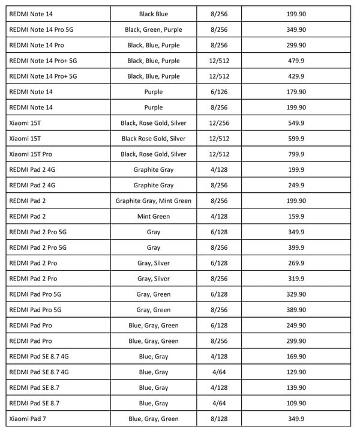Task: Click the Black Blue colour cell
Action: click(154, 14)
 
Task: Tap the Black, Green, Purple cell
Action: click(154, 29)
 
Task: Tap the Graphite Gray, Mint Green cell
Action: click(154, 201)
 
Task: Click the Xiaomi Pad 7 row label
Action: click(31, 419)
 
